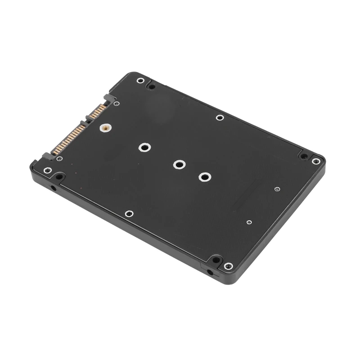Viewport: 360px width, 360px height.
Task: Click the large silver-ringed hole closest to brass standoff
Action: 144,147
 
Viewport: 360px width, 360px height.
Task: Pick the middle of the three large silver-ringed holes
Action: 179,165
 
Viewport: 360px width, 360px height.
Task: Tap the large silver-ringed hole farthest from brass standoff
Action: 204,177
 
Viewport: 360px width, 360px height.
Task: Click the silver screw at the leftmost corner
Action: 47,171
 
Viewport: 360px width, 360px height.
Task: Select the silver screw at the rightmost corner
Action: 316,161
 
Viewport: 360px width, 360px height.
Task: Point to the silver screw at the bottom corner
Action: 228,266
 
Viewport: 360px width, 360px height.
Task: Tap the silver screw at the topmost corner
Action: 141,81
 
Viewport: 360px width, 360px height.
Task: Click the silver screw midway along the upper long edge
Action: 220,117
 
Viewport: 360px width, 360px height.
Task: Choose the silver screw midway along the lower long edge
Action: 129,214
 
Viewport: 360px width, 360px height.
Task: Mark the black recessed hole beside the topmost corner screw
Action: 152,86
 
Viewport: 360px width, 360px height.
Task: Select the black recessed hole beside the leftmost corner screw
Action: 59,176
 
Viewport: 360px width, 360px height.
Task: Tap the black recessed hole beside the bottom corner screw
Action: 216,260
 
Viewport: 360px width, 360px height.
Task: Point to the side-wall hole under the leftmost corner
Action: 54,187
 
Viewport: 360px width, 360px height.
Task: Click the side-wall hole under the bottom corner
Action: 210,272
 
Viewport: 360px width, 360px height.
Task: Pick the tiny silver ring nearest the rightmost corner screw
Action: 277,189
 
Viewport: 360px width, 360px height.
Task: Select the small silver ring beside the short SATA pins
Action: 117,103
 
